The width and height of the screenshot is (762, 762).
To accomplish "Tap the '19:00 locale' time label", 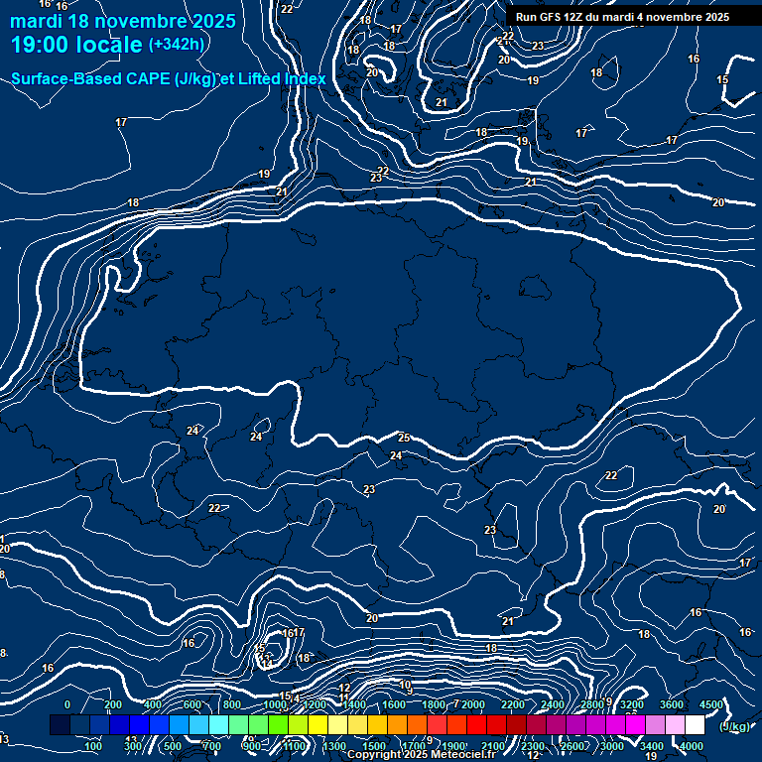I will pyautogui.click(x=77, y=45).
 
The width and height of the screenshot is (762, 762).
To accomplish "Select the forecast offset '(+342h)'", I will pyautogui.click(x=176, y=45).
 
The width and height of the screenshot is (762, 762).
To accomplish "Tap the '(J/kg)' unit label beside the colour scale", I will pyautogui.click(x=733, y=727).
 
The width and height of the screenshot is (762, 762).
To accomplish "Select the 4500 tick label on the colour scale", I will pyautogui.click(x=711, y=704).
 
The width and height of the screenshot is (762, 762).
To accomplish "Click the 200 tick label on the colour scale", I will pyautogui.click(x=113, y=704).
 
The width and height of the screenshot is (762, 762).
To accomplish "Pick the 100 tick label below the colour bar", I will pyautogui.click(x=94, y=746).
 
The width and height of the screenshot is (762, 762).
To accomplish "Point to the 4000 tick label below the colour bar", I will pyautogui.click(x=692, y=746).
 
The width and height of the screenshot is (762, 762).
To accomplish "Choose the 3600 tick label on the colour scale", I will pyautogui.click(x=672, y=704).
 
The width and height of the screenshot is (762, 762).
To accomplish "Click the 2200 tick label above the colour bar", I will pyautogui.click(x=512, y=704).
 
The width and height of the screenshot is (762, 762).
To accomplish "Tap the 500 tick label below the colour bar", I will pyautogui.click(x=173, y=746).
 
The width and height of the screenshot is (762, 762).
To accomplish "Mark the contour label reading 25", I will pyautogui.click(x=404, y=438).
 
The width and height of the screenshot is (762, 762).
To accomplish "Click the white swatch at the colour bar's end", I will pyautogui.click(x=695, y=725).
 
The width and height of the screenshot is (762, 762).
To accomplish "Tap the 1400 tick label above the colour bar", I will pyautogui.click(x=353, y=704).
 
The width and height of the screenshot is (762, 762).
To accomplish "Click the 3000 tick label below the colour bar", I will pyautogui.click(x=612, y=746).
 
